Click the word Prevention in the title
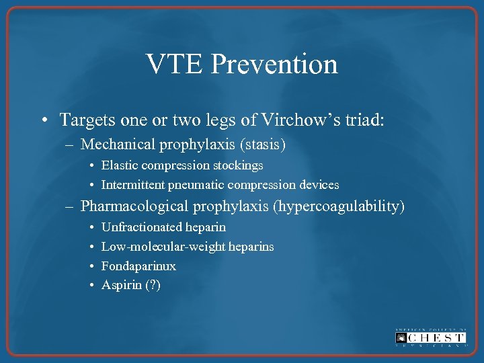pos(274,65)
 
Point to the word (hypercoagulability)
pos(339,206)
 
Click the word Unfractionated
pos(142,227)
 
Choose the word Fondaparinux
pos(138,266)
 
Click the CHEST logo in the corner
pos(430,337)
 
